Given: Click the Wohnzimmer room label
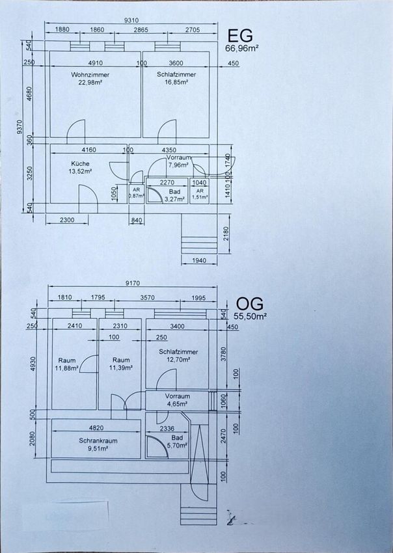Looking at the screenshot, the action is [x=90, y=75].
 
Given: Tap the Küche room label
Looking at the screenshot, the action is [x=80, y=164].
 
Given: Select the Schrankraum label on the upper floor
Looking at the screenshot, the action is [x=98, y=440].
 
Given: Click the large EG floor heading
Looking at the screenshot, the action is [x=240, y=36].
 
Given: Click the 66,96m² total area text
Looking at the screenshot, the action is [x=241, y=48].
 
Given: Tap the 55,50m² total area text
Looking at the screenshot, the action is [x=250, y=316].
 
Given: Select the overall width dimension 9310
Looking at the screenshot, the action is [x=131, y=20].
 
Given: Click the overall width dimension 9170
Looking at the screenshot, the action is [x=132, y=283].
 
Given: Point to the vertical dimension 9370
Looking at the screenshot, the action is [x=20, y=127].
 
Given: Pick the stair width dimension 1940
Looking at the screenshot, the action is [x=199, y=261].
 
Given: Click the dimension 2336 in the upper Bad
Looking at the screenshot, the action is [x=167, y=429].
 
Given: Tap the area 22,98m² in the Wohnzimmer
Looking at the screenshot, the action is [x=90, y=83].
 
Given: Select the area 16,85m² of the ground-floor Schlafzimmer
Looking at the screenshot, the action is [x=176, y=82].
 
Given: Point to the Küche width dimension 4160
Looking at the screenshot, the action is [x=88, y=150].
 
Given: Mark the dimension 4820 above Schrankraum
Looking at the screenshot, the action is [x=96, y=428].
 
